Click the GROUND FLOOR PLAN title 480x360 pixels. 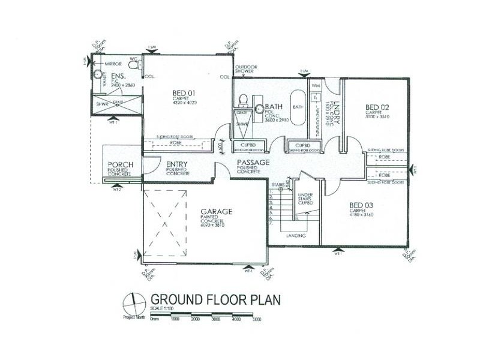215,299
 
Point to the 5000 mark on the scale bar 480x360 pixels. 257,320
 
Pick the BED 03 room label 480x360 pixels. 362,205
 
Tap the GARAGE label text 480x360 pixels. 216,212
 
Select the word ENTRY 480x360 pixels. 178,165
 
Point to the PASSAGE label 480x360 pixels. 253,163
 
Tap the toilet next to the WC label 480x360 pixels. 134,65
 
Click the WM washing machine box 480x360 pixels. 316,87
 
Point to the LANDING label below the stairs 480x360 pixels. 296,236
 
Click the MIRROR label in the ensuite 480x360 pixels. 113,64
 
